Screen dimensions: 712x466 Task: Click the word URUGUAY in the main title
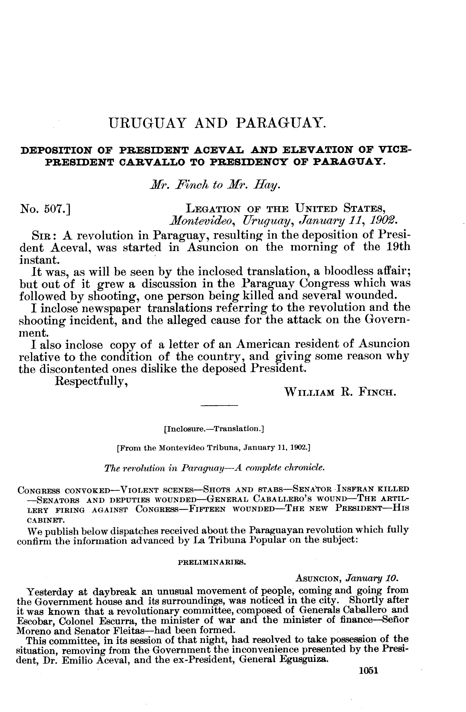click(147, 123)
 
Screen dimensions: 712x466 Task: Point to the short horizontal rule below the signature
click(219, 406)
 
